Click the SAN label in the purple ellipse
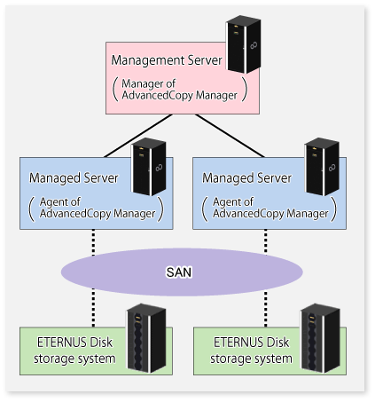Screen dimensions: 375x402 179,272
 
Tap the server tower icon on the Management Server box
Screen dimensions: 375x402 244,44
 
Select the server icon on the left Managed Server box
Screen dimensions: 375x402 149,167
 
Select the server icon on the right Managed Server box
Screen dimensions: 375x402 322,167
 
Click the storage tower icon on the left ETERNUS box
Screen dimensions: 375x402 146,338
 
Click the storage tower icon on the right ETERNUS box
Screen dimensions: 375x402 320,338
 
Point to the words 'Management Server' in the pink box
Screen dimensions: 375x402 167,60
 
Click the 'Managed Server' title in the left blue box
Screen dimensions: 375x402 74,178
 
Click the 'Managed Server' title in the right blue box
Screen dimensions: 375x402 246,178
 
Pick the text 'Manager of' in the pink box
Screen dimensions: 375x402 149,83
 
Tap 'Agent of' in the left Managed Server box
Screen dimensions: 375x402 60,202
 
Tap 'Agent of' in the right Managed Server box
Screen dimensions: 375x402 233,202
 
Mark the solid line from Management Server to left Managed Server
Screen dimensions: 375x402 138,136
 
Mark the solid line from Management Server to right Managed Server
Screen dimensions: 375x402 230,136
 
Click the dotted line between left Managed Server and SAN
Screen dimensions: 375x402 93,242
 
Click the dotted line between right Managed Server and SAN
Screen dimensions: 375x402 266,241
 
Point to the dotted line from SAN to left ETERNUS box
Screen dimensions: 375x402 93,308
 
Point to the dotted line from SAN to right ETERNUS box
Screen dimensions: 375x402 266,309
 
